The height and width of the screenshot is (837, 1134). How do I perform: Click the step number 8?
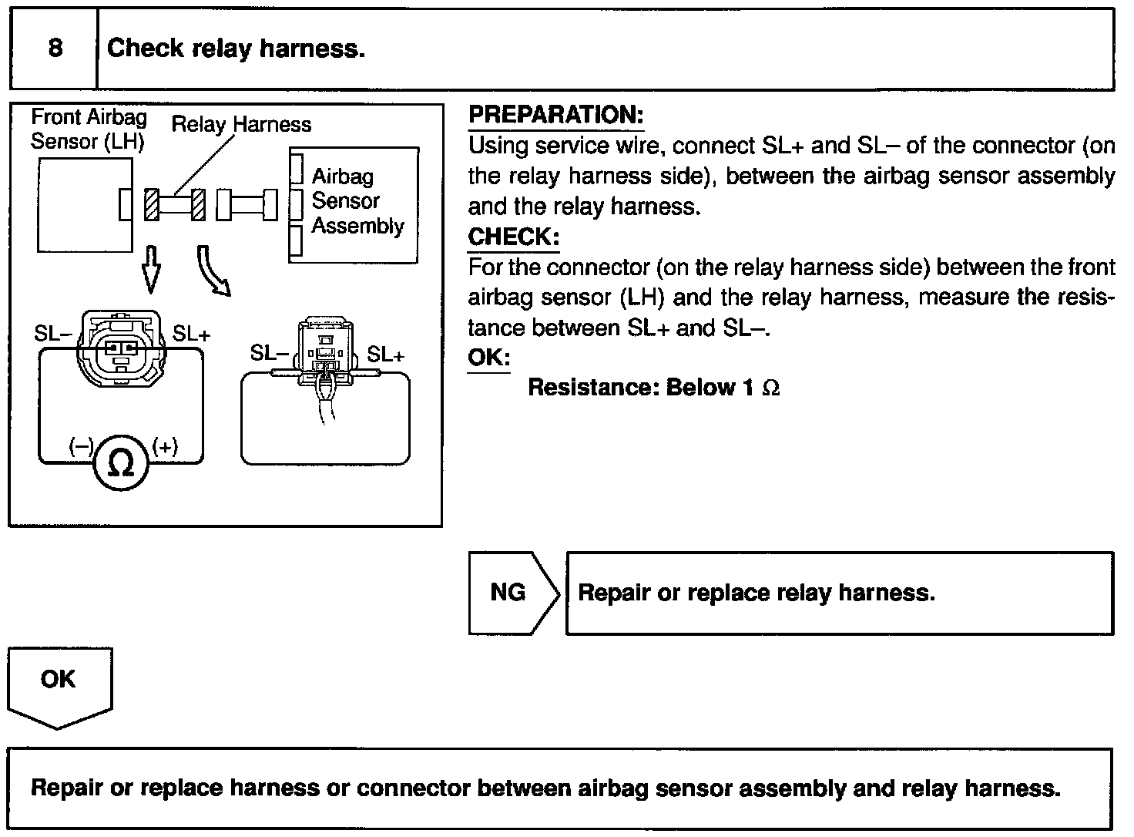55,49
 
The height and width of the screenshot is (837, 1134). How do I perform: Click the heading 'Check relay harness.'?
235,49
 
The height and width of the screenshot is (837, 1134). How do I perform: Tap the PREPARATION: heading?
555,115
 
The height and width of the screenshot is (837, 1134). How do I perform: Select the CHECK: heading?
513,237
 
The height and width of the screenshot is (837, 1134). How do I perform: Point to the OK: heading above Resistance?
488,358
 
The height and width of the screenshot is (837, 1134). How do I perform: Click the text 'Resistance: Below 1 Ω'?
653,387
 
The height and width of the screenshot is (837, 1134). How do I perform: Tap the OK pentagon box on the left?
59,683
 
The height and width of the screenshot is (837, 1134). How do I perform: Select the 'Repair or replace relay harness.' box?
839,593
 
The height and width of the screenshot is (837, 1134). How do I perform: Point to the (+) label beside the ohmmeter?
165,447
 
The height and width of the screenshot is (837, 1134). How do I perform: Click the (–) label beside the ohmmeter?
81,447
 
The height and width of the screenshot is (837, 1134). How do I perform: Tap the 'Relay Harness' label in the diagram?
241,125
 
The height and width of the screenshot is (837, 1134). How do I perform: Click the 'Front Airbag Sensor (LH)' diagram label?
88,129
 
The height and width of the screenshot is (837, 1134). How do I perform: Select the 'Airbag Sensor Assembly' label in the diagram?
357,201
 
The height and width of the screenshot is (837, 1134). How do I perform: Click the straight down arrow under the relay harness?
152,268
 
